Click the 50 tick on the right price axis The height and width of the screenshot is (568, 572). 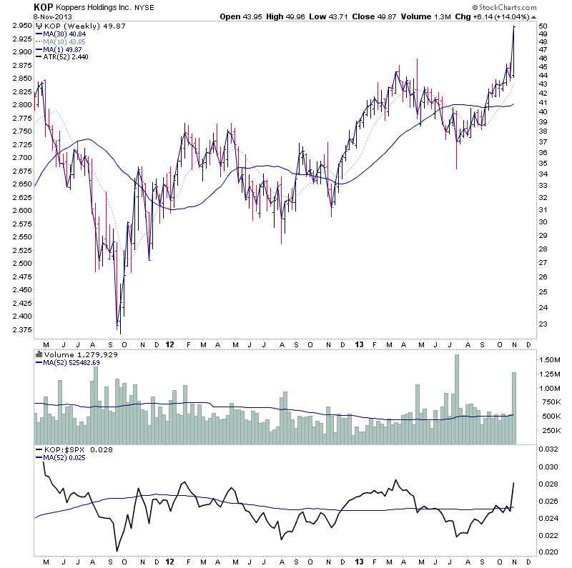point(544,26)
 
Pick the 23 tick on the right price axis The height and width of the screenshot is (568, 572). point(544,324)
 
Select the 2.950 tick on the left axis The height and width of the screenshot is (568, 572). point(19,26)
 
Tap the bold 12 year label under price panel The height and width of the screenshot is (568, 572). point(170,344)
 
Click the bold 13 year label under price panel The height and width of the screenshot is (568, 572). point(359,344)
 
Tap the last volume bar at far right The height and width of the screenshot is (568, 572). point(513,409)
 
